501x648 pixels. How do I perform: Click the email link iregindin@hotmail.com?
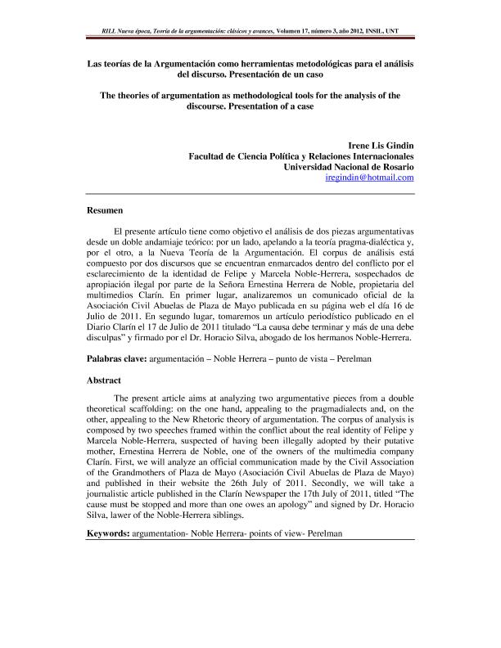tap(369, 177)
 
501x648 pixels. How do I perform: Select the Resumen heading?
tap(106, 211)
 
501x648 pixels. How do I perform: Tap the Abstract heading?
tap(105, 380)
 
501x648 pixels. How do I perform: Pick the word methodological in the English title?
tap(271, 95)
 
